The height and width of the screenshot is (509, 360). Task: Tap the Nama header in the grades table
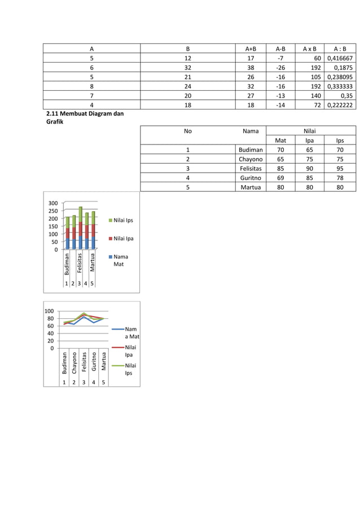pyautogui.click(x=250, y=131)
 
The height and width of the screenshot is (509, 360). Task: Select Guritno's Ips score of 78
pyautogui.click(x=339, y=178)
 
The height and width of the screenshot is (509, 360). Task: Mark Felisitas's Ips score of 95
pyautogui.click(x=339, y=168)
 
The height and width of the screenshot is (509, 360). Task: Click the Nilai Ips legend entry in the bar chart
pyautogui.click(x=121, y=221)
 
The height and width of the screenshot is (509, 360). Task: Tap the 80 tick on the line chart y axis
pyautogui.click(x=50, y=318)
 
